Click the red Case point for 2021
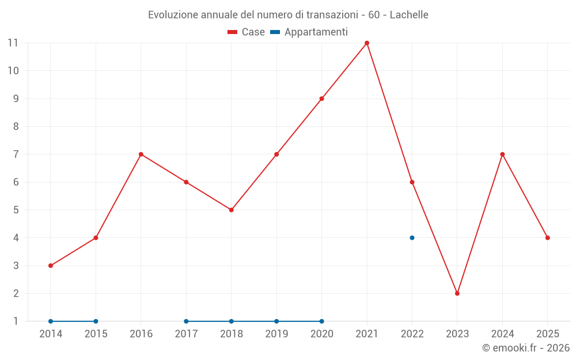pyautogui.click(x=367, y=43)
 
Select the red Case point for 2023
pyautogui.click(x=457, y=293)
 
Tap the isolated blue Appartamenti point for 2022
pyautogui.click(x=412, y=238)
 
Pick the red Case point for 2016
pyautogui.click(x=141, y=154)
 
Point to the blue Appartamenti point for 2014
pyautogui.click(x=51, y=321)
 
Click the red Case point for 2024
pyautogui.click(x=502, y=154)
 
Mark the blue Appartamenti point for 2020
pyautogui.click(x=321, y=321)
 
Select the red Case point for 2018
pyautogui.click(x=231, y=210)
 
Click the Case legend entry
pyautogui.click(x=247, y=32)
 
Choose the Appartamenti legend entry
pyautogui.click(x=309, y=32)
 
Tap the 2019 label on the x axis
pyautogui.click(x=276, y=334)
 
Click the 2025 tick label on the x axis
pyautogui.click(x=547, y=334)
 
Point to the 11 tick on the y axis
pyautogui.click(x=13, y=43)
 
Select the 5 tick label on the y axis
pyautogui.click(x=16, y=210)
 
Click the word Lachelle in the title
pyautogui.click(x=409, y=14)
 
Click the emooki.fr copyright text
pyautogui.click(x=526, y=348)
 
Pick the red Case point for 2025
pyautogui.click(x=548, y=238)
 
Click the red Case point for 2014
pyautogui.click(x=51, y=266)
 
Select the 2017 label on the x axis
pyautogui.click(x=186, y=334)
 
